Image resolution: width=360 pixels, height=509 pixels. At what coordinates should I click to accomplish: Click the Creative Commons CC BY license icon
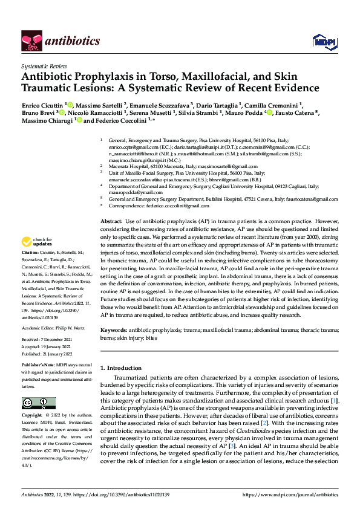coord(39,403)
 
